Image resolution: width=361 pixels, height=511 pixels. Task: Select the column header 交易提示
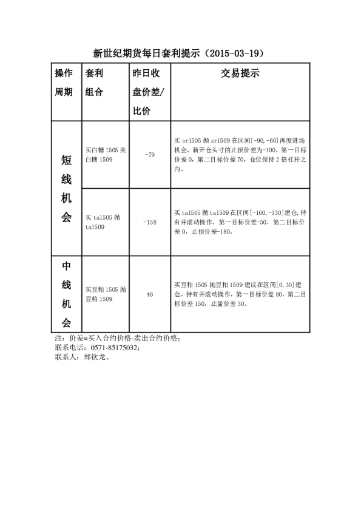click(240, 73)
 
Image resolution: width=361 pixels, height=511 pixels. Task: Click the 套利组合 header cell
click(94, 83)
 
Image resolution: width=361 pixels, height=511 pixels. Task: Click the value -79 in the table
click(149, 155)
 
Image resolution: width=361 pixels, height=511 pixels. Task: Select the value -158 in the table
click(149, 222)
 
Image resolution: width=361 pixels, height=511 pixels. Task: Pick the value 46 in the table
click(149, 294)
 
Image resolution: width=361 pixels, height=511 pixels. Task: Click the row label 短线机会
click(66, 188)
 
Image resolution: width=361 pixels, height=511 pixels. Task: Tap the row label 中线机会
click(66, 294)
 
